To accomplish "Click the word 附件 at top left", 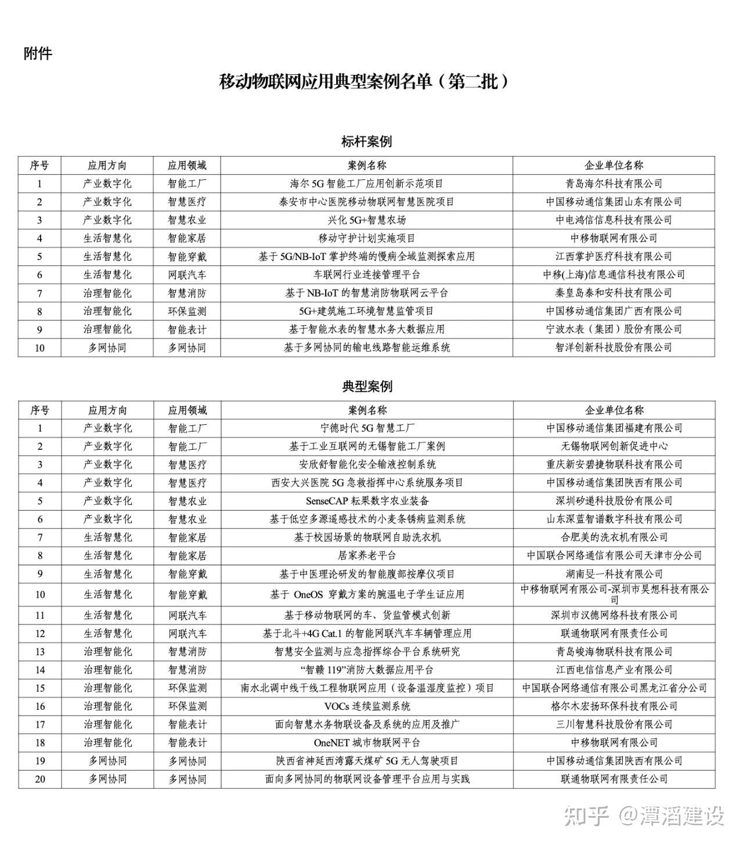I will coord(38,53).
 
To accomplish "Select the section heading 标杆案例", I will coord(366,141).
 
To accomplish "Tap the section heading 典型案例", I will coord(366,387).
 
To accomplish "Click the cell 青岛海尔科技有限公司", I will coord(614,183).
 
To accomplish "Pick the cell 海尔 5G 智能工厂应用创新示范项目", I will coord(366,183).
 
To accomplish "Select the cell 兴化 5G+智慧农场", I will coord(366,220).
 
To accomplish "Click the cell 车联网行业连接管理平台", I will coord(366,275).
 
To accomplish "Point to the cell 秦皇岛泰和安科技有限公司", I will coord(614,293).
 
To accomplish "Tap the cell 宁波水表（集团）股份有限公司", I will coord(614,329).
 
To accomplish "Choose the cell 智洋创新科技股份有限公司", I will coord(614,348).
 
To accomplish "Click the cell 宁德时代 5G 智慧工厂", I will coord(367,428).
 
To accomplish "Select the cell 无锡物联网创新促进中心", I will coord(614,446).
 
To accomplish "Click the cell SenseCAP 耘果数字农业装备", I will coord(367,501).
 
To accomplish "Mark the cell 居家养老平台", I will coord(367,555).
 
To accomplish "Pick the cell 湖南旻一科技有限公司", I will coord(614,574).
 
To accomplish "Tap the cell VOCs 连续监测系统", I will coord(367,706).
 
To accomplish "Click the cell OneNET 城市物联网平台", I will coord(367,742).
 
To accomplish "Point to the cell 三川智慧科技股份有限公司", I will coord(614,724).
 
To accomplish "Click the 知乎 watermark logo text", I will coord(586,815).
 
